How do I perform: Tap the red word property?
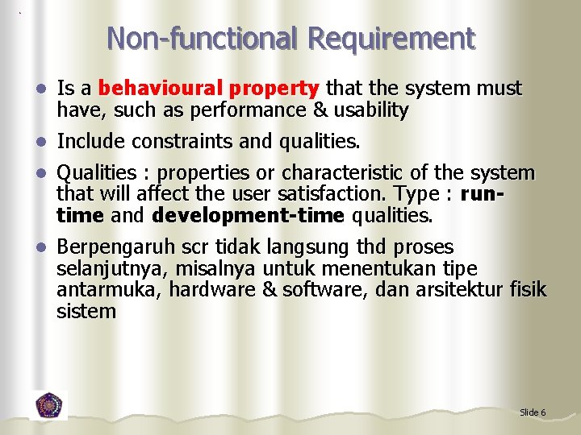click(275, 88)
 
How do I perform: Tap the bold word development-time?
click(249, 216)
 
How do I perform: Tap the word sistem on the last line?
click(86, 312)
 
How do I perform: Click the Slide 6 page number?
click(533, 412)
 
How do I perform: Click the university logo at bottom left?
click(49, 404)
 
